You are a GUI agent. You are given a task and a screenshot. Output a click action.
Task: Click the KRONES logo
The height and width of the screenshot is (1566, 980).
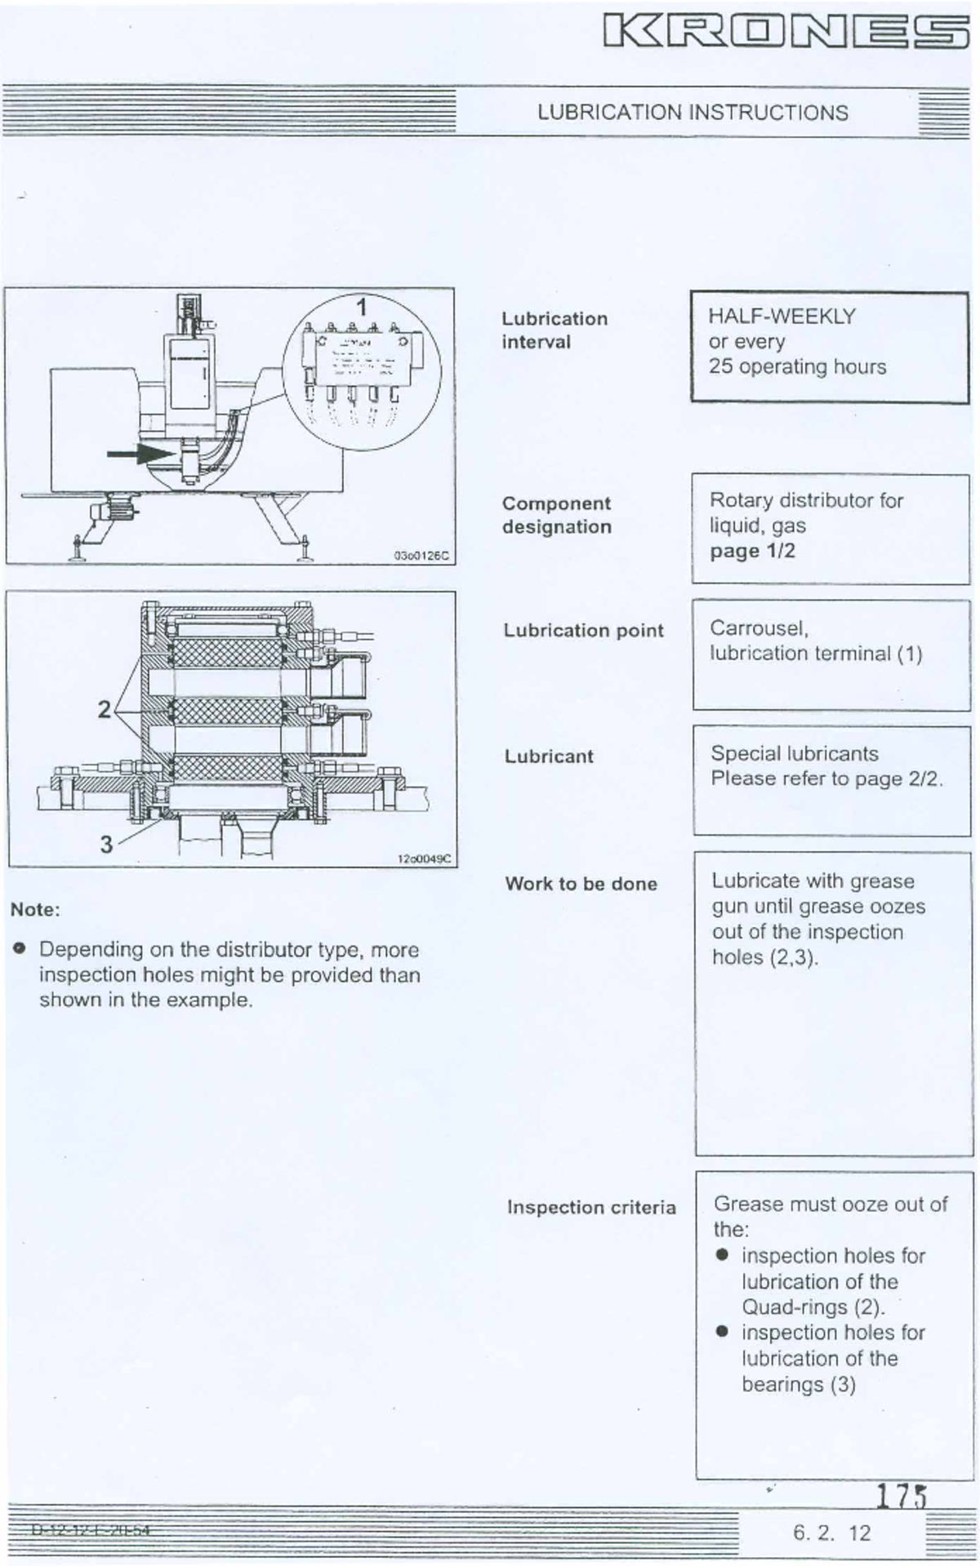coord(786,33)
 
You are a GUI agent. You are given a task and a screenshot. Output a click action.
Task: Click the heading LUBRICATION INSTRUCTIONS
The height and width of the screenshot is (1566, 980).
coord(693,113)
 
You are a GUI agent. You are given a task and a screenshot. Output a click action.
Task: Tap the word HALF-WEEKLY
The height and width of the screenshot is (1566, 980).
coord(782,317)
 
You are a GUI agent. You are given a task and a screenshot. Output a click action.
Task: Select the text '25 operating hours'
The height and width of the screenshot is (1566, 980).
coord(797,367)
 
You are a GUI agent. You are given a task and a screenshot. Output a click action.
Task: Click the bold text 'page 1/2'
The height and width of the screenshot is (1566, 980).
coord(752,551)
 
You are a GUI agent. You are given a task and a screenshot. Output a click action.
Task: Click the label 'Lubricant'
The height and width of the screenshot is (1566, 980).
coord(548,756)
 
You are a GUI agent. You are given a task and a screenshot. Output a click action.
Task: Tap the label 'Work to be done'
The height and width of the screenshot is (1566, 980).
coord(581,884)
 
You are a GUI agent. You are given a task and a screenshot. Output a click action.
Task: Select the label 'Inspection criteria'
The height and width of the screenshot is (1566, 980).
coord(591,1207)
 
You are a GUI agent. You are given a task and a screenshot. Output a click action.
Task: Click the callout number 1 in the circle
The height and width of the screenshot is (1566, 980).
coord(362,308)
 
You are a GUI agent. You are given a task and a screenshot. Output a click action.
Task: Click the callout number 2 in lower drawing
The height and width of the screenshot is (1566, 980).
coord(104,709)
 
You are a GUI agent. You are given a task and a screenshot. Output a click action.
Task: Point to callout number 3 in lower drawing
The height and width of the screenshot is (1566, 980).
coord(106,844)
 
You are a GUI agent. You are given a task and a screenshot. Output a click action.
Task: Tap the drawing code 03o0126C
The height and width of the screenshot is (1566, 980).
coord(421,556)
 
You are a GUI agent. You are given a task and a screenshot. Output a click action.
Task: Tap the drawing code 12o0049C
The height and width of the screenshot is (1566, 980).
coord(423,858)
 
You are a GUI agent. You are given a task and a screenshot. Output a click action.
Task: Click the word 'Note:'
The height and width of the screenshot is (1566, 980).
coord(35,910)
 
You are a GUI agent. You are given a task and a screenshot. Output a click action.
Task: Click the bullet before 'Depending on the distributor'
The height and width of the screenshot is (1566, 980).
coord(20,949)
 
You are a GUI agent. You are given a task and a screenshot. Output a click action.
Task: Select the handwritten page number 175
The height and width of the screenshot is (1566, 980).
coord(902,1495)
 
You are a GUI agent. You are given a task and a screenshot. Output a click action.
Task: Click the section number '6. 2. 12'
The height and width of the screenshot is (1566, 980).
coord(832,1533)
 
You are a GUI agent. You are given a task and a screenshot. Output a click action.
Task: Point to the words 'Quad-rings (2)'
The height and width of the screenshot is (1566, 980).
coord(813,1307)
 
